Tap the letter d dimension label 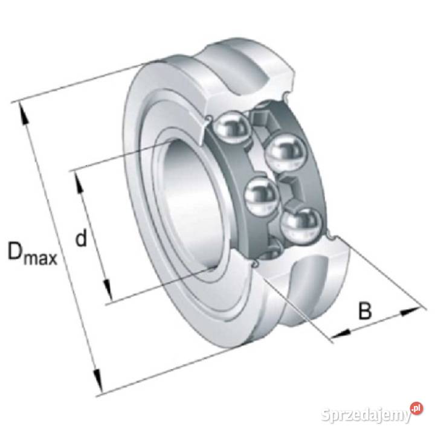(82, 237)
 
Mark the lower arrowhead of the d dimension (108, 290)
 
